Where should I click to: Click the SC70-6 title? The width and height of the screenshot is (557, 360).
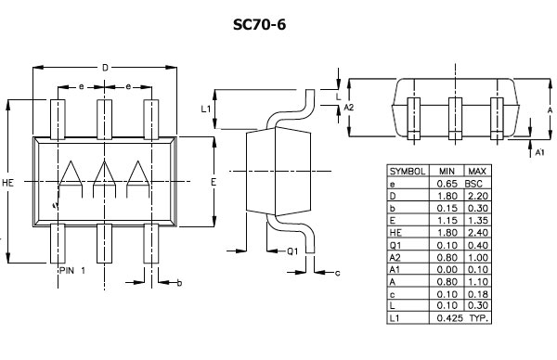coord(259,24)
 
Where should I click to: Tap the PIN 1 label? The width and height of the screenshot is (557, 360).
coord(72,271)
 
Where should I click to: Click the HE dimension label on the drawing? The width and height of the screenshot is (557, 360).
coord(7,183)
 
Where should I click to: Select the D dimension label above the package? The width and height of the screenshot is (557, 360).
coord(105,67)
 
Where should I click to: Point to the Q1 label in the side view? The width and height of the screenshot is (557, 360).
coord(292,251)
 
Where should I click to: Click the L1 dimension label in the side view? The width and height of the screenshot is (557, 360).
coord(206,109)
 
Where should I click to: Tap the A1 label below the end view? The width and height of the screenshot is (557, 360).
coord(539,152)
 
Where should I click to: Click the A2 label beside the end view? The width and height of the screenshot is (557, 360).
coord(349,107)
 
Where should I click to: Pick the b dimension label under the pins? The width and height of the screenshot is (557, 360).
coord(179,283)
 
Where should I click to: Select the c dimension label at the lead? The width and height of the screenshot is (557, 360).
coord(338,273)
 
